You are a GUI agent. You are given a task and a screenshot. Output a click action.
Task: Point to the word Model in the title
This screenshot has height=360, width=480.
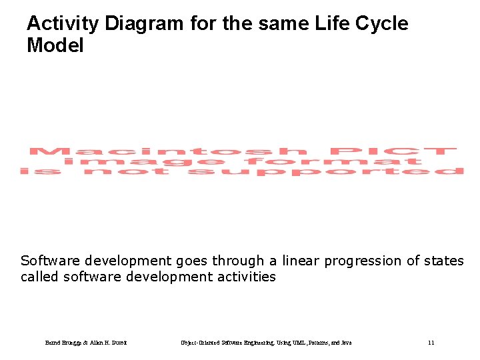click(x=55, y=46)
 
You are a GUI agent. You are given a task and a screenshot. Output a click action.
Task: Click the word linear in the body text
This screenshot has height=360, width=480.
click(x=301, y=261)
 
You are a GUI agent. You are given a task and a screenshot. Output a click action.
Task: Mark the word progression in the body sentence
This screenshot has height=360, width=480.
click(x=365, y=261)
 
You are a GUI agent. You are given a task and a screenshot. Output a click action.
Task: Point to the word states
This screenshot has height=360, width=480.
click(x=444, y=261)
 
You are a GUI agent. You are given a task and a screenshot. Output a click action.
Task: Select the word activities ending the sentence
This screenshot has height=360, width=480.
click(x=244, y=277)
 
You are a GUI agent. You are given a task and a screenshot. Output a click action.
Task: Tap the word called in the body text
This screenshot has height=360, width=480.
click(x=40, y=277)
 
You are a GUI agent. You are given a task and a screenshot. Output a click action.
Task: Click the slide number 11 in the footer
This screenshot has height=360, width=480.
click(x=431, y=343)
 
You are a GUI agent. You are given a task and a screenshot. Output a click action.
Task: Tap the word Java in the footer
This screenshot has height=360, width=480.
click(x=345, y=343)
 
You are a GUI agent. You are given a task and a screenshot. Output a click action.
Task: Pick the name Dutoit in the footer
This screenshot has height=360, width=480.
click(x=118, y=343)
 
